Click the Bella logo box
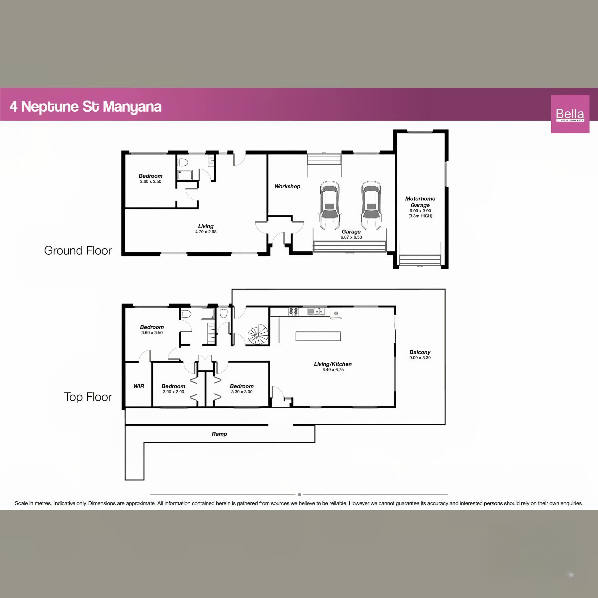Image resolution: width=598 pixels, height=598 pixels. [570, 114]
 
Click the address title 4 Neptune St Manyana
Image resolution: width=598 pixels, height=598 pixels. [86, 106]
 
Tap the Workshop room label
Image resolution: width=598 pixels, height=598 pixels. [287, 186]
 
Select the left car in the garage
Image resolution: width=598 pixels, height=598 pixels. [330, 206]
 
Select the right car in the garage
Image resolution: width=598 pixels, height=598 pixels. [372, 206]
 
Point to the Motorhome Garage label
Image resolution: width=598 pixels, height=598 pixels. [420, 202]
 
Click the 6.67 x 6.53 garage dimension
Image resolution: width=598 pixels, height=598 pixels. [351, 237]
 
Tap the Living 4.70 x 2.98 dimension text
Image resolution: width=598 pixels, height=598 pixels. [206, 231]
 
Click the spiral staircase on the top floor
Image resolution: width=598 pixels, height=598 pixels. [258, 334]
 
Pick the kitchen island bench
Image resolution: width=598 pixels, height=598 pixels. [318, 336]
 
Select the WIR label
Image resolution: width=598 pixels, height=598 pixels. [139, 386]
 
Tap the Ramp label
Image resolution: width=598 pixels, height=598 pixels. [219, 434]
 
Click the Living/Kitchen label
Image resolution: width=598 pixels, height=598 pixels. [333, 364]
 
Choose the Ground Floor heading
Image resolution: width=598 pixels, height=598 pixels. [78, 250]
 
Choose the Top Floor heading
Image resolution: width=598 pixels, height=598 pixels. [88, 397]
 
